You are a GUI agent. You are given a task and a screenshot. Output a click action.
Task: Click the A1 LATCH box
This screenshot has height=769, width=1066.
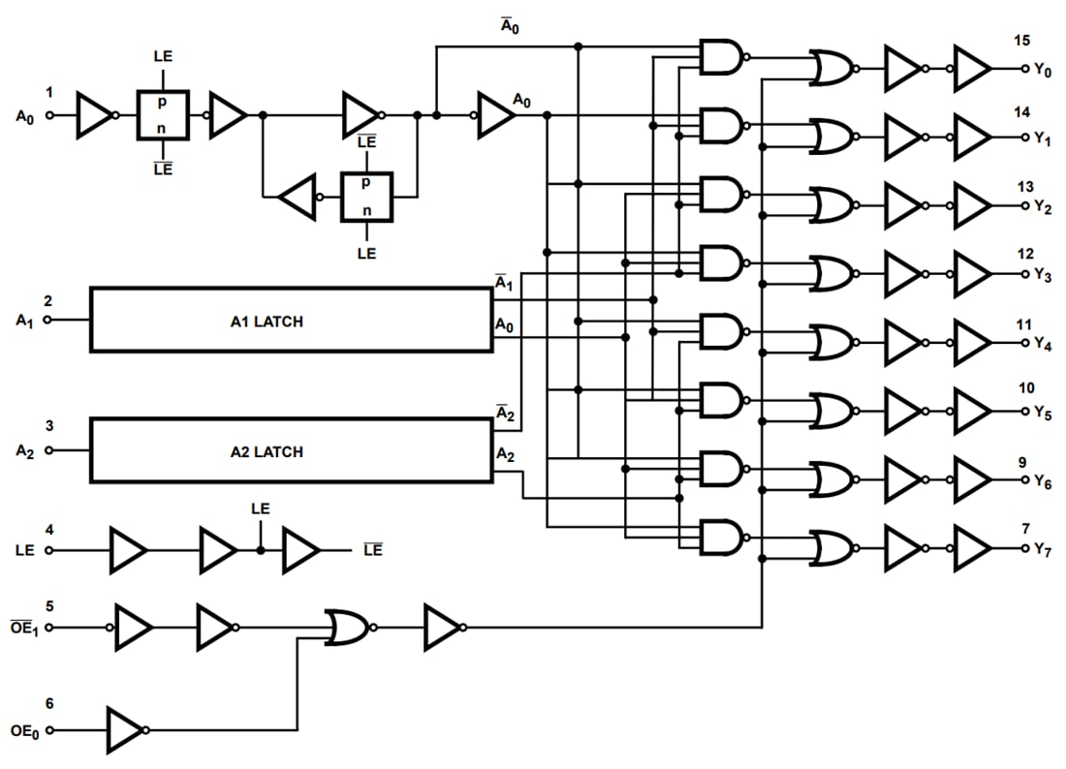pyautogui.click(x=291, y=320)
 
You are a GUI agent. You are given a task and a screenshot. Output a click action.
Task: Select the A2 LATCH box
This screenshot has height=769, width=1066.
pyautogui.click(x=291, y=450)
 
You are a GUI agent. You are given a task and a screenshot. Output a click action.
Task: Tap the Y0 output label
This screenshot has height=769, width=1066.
pyautogui.click(x=1042, y=70)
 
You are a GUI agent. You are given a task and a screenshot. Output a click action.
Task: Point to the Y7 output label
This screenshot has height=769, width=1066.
pyautogui.click(x=1042, y=550)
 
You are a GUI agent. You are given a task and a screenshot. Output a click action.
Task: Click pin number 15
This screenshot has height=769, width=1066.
pyautogui.click(x=1023, y=41)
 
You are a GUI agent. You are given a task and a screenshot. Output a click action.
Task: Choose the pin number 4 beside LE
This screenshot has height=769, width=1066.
pyautogui.click(x=49, y=530)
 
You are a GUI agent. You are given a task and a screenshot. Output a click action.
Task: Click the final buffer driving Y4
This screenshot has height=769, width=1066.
pyautogui.click(x=973, y=342)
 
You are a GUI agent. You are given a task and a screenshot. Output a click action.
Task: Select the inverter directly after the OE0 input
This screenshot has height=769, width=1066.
pyautogui.click(x=127, y=730)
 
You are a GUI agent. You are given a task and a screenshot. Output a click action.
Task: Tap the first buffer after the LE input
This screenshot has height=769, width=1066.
pyautogui.click(x=128, y=550)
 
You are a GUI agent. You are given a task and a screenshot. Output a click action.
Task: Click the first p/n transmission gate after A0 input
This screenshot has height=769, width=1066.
pyautogui.click(x=162, y=115)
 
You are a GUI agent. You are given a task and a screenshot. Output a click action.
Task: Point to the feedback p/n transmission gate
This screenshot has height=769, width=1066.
pyautogui.click(x=365, y=198)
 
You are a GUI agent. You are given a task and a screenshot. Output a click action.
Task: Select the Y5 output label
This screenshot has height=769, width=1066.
pyautogui.click(x=1042, y=413)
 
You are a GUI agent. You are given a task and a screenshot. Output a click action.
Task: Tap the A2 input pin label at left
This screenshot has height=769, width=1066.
pyautogui.click(x=25, y=450)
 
